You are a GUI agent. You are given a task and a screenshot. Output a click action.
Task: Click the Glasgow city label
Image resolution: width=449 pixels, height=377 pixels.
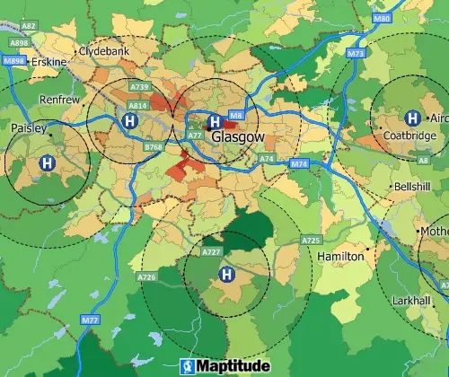(239, 137)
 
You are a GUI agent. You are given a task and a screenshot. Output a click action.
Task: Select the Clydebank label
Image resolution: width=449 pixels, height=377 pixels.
(106, 52)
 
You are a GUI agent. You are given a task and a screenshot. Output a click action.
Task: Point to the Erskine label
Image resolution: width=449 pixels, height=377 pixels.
(48, 60)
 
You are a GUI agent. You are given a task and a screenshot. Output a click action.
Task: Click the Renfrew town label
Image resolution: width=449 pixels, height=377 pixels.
(60, 100)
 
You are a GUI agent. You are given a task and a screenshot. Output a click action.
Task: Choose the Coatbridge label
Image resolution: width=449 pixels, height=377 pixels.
(409, 136)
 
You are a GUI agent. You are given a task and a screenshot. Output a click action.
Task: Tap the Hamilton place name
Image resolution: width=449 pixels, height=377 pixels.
(340, 257)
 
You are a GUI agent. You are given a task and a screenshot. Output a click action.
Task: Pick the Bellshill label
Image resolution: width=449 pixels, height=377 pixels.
(412, 187)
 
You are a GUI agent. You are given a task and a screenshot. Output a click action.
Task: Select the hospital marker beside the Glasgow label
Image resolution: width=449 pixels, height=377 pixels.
(214, 121)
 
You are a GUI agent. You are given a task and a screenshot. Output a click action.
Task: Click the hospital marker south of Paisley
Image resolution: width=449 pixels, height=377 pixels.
(46, 163)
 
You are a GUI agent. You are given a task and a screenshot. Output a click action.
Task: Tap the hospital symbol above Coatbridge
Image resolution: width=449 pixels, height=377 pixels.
(412, 118)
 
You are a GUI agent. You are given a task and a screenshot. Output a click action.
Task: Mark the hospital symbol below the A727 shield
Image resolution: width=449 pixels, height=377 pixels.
(227, 274)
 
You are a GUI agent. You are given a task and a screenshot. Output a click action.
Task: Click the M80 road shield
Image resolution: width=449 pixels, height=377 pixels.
(381, 18)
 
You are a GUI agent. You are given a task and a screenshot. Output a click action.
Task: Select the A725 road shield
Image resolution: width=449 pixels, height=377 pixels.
(312, 241)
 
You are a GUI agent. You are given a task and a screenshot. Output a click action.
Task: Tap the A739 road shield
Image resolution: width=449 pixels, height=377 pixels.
(139, 87)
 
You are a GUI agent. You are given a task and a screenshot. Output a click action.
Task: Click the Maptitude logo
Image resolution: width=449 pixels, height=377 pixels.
(225, 366)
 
